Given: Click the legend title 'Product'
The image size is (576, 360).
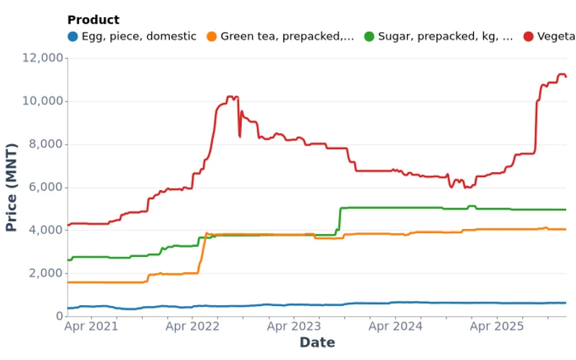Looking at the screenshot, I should tap(94, 20).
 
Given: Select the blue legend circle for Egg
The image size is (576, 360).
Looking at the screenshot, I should tap(73, 37).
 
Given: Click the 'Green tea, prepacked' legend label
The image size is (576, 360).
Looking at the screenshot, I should tap(287, 37).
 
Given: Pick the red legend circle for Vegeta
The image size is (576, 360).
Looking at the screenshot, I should tap(529, 37).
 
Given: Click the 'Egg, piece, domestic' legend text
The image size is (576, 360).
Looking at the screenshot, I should tap(138, 37).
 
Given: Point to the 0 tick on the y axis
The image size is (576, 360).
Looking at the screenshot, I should tap(57, 317).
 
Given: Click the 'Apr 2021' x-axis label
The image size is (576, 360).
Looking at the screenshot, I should tap(91, 327).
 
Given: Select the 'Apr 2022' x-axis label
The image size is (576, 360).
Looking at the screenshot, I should tap(192, 327).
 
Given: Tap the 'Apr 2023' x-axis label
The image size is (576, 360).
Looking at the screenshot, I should tap(294, 327).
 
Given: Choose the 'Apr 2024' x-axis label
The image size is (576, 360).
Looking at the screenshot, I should tap(395, 327).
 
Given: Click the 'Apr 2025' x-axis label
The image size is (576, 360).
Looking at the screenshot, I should tap(497, 327).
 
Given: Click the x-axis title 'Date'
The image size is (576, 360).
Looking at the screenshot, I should tap(317, 343).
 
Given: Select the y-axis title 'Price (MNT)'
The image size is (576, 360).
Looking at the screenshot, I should tap(12, 187).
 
